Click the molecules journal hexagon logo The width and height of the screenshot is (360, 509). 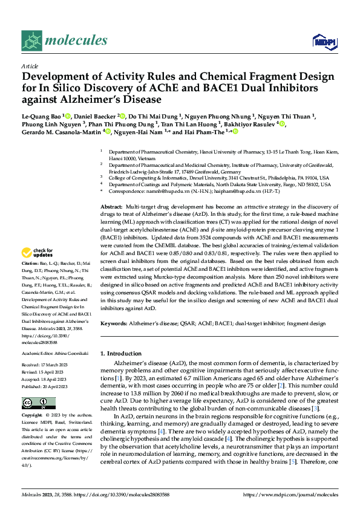[x=31, y=41]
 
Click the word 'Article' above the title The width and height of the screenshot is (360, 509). [x=30, y=66]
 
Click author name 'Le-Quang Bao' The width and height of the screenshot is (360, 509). [x=40, y=116]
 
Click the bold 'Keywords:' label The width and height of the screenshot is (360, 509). [x=115, y=324]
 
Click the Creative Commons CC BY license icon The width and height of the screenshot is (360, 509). [x=31, y=403]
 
